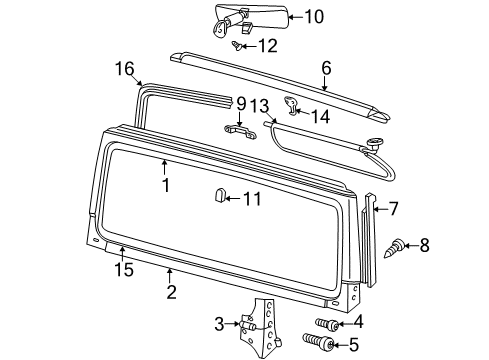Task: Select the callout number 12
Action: (266, 46)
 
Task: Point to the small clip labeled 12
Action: (238, 45)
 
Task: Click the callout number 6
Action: (325, 67)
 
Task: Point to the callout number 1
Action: (166, 185)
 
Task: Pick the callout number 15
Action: (122, 270)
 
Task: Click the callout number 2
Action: (171, 292)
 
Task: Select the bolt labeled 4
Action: (326, 323)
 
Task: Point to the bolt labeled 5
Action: (326, 344)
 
